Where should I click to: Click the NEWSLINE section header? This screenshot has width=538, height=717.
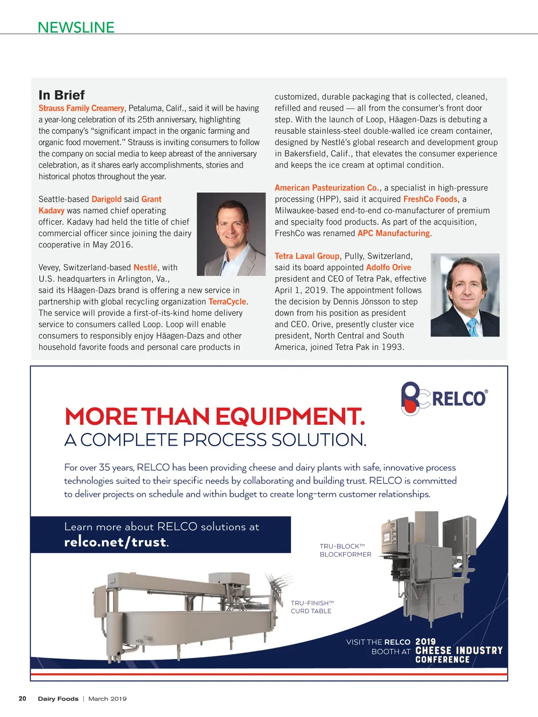pyautogui.click(x=76, y=27)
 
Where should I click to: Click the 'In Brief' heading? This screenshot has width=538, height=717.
pyautogui.click(x=61, y=95)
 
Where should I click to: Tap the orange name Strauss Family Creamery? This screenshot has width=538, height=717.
pyautogui.click(x=81, y=108)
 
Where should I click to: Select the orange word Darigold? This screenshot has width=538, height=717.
pyautogui.click(x=106, y=199)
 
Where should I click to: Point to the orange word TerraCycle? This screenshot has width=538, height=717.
pyautogui.click(x=227, y=302)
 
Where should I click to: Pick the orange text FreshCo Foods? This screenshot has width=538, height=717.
pyautogui.click(x=430, y=199)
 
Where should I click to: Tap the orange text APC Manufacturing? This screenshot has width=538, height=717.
pyautogui.click(x=394, y=233)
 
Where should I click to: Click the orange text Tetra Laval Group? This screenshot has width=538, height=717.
pyautogui.click(x=307, y=256)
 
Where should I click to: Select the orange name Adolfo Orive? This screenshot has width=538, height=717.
pyautogui.click(x=388, y=267)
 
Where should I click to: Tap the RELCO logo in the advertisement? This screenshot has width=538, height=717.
pyautogui.click(x=444, y=398)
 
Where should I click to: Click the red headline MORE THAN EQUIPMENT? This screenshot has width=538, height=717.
pyautogui.click(x=215, y=416)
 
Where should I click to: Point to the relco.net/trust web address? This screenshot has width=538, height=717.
pyautogui.click(x=116, y=542)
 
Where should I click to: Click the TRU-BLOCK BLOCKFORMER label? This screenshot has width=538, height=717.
pyautogui.click(x=345, y=550)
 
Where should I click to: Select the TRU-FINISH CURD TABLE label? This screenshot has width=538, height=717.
pyautogui.click(x=312, y=607)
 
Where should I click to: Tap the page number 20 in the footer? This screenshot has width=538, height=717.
pyautogui.click(x=22, y=699)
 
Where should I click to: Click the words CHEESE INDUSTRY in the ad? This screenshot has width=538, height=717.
pyautogui.click(x=459, y=650)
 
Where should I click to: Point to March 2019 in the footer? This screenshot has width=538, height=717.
pyautogui.click(x=108, y=699)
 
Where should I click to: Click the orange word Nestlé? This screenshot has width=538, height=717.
pyautogui.click(x=145, y=268)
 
